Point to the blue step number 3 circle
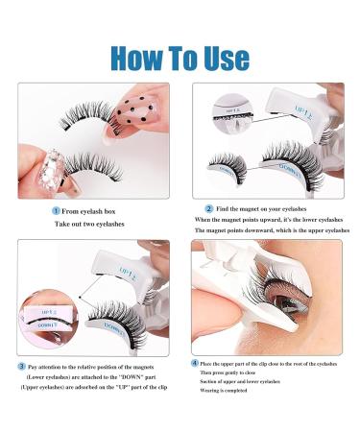click(21, 366)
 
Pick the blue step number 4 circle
click(195, 361)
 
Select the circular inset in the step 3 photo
click(55, 314)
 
